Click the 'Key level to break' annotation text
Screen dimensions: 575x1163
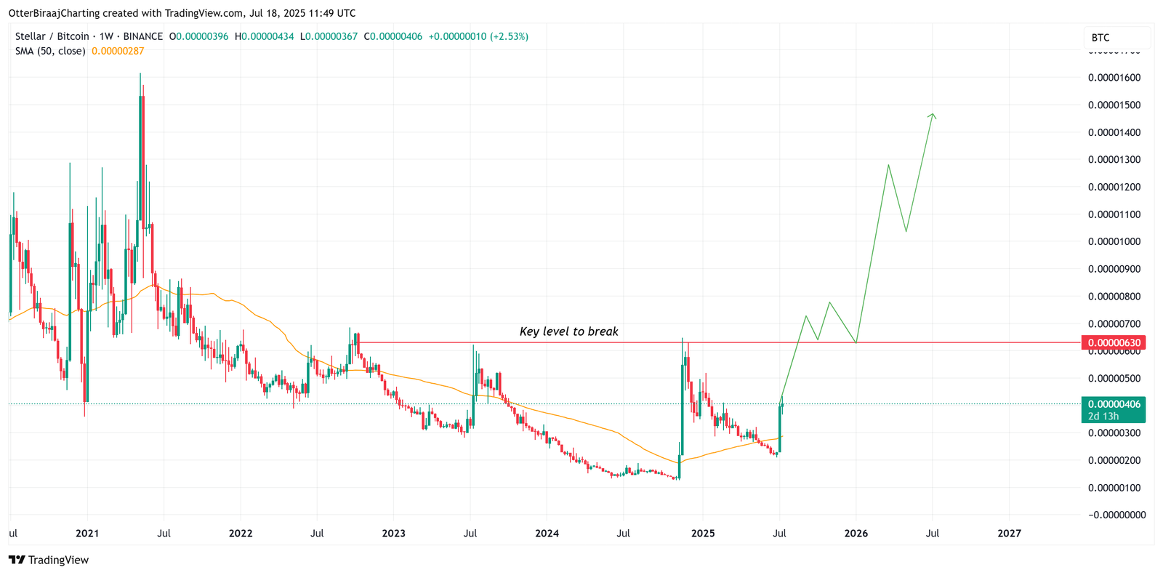coord(568,331)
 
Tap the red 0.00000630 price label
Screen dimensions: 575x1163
coord(1113,342)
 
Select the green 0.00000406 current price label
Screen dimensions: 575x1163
coord(1114,404)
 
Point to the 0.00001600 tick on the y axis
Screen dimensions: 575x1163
coord(1114,78)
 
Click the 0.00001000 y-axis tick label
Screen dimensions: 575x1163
coord(1114,241)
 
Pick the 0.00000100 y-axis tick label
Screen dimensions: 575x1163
coord(1114,488)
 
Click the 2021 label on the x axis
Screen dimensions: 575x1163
coord(87,533)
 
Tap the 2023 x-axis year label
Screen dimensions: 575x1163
coord(393,533)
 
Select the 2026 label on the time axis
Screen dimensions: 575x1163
coord(856,533)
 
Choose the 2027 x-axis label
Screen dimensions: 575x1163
coord(1009,533)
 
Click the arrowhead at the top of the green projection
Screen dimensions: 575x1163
coord(933,115)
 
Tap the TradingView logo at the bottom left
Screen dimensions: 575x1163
coord(49,560)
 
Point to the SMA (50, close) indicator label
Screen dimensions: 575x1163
coord(50,51)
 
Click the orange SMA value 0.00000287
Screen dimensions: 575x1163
coord(118,51)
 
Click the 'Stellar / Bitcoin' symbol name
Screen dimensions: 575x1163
coord(52,36)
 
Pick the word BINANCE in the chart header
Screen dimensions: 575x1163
coord(142,36)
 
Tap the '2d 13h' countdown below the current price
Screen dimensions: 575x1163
coord(1103,417)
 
